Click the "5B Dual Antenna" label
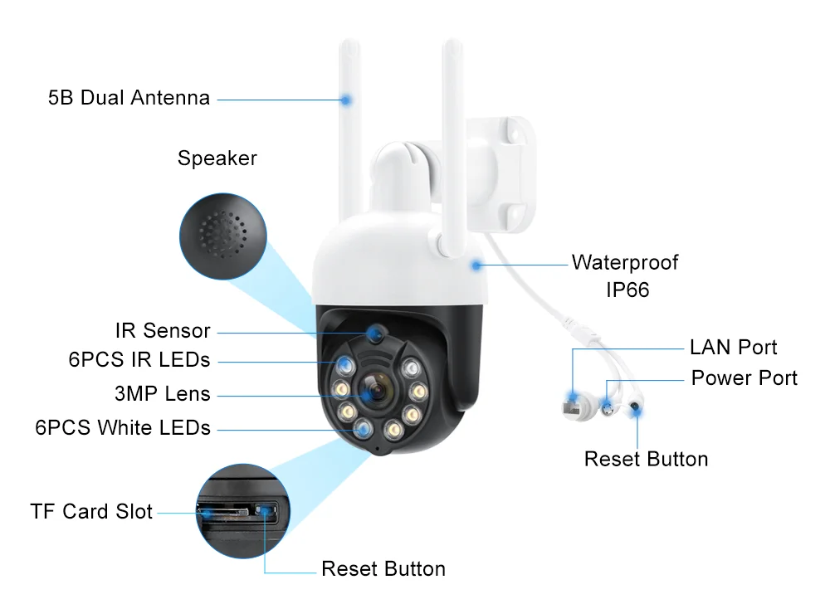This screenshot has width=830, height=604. pyautogui.click(x=129, y=98)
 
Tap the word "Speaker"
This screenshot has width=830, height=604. pyautogui.click(x=217, y=158)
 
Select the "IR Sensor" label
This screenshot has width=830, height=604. pyautogui.click(x=163, y=330)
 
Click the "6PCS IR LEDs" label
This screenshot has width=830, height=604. pyautogui.click(x=139, y=360)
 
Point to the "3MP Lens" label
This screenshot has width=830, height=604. pyautogui.click(x=163, y=393)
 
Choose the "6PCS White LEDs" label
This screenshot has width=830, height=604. pyautogui.click(x=123, y=428)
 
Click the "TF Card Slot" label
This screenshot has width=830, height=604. pyautogui.click(x=91, y=511)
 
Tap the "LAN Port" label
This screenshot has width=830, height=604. pyautogui.click(x=733, y=347)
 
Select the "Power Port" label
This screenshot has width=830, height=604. pyautogui.click(x=744, y=378)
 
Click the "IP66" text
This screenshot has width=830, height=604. pyautogui.click(x=624, y=290)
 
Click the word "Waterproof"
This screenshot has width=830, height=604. pyautogui.click(x=624, y=263)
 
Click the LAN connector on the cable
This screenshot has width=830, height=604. pyautogui.click(x=572, y=406)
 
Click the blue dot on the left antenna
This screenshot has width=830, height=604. pyautogui.click(x=346, y=99)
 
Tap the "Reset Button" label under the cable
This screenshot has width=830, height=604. pyautogui.click(x=646, y=459)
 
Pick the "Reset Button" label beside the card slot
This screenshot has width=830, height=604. pyautogui.click(x=383, y=569)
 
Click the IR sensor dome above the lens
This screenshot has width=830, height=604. pyautogui.click(x=374, y=334)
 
